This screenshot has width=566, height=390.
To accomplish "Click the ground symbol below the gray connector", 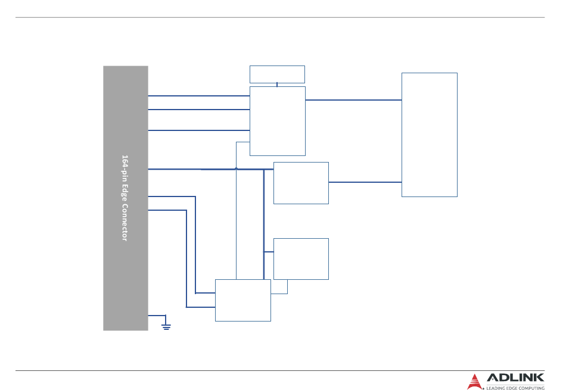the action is click(166, 326).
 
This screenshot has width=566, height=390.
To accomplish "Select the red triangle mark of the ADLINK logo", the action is click(474, 381).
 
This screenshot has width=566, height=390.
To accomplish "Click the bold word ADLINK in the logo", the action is click(515, 377).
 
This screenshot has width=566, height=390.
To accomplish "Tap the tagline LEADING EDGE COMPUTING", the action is click(515, 388).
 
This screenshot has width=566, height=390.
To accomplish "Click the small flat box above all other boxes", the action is click(277, 74).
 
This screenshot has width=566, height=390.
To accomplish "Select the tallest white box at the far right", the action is click(429, 135).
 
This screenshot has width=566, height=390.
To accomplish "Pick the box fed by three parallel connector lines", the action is click(277, 121).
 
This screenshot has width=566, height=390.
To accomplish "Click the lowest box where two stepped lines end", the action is click(242, 300).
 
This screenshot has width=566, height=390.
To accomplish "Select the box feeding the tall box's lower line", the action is click(301, 183).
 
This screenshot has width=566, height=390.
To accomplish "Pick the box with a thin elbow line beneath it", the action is click(301, 259).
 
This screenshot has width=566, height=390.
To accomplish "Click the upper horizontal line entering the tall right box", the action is click(353, 100).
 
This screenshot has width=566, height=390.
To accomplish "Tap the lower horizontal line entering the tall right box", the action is click(365, 182).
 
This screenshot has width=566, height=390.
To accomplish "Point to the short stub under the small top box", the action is click(277, 85).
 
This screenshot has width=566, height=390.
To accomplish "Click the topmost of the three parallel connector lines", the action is click(198, 95).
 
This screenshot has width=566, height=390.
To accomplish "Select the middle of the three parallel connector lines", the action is click(198, 110).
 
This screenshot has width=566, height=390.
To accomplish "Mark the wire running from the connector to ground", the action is click(157, 315).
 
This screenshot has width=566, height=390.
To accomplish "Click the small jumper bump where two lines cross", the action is click(237, 169).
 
